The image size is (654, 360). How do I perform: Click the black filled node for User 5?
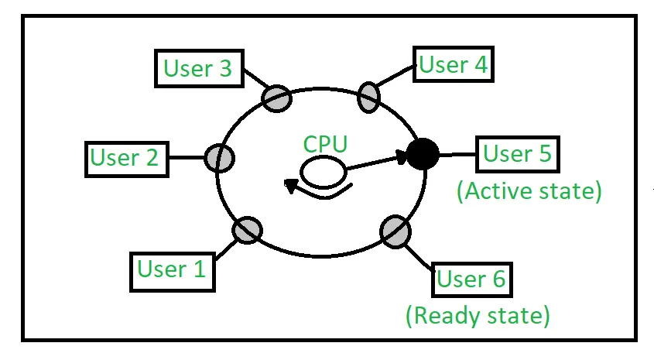[423, 154]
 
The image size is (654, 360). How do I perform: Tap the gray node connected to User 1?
[248, 230]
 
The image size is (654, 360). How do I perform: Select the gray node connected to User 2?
[219, 158]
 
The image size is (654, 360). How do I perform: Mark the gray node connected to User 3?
[276, 98]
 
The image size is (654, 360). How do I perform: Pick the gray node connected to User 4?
[368, 98]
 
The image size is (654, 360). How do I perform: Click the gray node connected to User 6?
[395, 231]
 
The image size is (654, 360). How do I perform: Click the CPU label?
[325, 144]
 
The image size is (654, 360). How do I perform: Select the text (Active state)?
[529, 191]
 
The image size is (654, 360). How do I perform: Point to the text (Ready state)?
[478, 315]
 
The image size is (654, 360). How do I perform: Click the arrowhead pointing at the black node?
[401, 158]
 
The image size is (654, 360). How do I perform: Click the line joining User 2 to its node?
[187, 158]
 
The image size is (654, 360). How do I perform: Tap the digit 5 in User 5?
[546, 153]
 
